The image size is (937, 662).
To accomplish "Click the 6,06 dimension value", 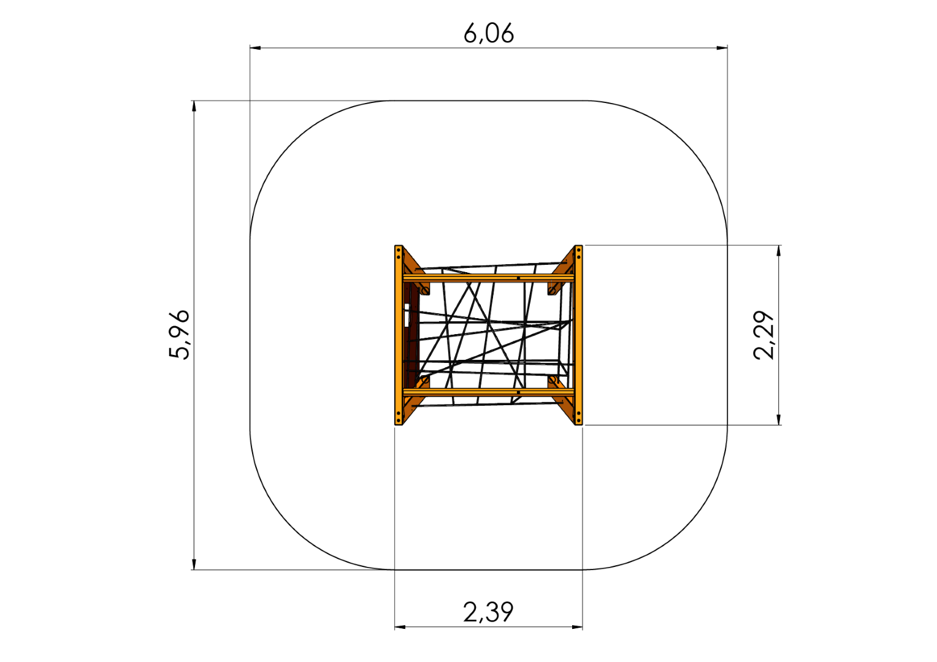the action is [489, 34].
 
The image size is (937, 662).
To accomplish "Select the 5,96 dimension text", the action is [179, 335].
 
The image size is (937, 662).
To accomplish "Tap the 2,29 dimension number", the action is [764, 335].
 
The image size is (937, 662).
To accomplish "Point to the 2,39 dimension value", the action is [488, 612].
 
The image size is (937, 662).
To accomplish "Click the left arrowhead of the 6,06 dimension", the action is [255, 48].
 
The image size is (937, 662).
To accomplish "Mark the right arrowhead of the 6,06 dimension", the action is [722, 48].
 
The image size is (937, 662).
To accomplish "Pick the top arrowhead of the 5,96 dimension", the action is [194, 106].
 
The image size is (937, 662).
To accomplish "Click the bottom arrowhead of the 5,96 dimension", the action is [194, 564].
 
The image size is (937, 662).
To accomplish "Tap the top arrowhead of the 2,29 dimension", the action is [778, 251].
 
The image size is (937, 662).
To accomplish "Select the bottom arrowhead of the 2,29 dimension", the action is [778, 419].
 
